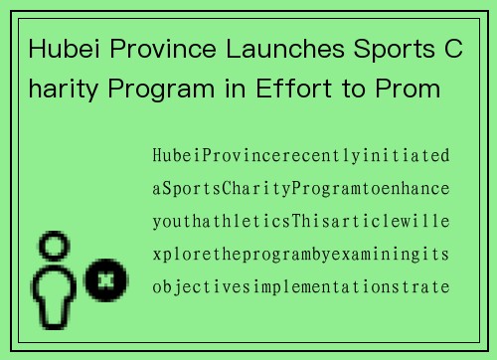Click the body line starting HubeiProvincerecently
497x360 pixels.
(300, 156)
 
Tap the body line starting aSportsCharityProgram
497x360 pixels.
(300, 189)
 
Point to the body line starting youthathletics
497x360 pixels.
(300, 222)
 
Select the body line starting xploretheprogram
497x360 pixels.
(300, 255)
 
